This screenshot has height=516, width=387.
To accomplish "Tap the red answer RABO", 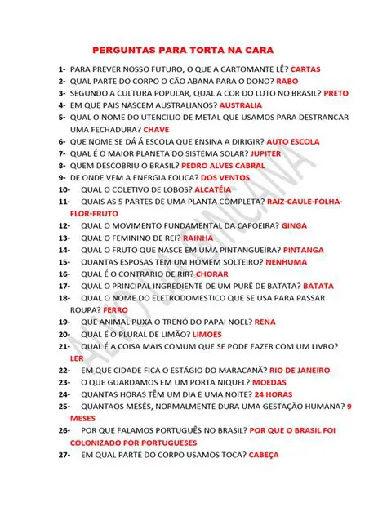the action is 287,82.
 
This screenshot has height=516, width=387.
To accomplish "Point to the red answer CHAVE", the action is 156,129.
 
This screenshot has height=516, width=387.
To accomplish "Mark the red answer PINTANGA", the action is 302,250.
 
